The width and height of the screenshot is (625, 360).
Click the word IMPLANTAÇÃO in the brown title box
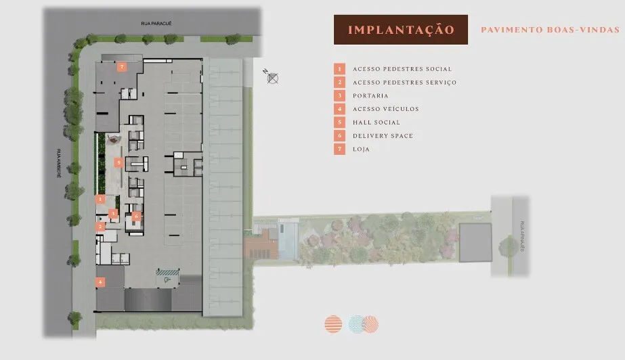tap(400, 30)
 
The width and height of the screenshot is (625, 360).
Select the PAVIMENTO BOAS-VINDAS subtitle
tap(550, 30)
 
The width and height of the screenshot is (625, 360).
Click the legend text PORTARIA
tap(370, 96)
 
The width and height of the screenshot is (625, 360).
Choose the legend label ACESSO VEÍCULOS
tap(385, 109)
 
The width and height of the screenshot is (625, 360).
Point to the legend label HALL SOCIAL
tap(376, 122)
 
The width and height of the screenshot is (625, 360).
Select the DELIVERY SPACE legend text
tap(383, 136)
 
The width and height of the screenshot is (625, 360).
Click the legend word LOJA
tap(361, 149)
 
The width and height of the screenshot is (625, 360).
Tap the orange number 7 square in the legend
tap(339, 149)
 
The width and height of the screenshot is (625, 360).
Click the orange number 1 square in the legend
tap(339, 69)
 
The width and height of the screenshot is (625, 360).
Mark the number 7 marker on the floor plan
tap(122, 66)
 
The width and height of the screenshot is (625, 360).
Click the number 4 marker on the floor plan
tap(100, 282)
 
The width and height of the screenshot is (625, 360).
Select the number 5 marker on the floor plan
tap(118, 162)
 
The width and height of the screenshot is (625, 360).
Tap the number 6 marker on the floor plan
tap(136, 216)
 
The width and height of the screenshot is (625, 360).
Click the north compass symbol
tap(272, 78)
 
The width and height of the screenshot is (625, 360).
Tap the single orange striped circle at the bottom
tap(333, 324)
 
